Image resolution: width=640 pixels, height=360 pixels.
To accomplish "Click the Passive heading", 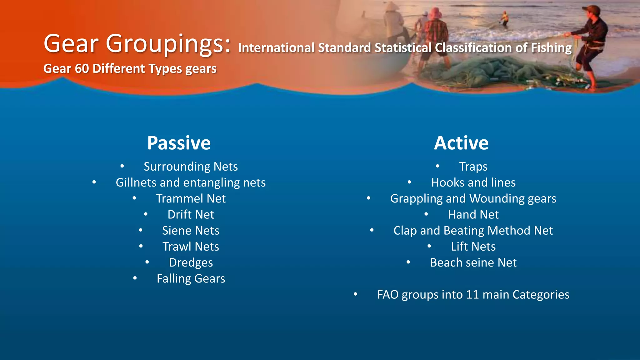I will tap(179, 143).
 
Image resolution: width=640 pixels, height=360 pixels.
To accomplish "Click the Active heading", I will tap(461, 143).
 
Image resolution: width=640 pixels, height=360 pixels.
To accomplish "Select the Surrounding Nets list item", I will tap(191, 167).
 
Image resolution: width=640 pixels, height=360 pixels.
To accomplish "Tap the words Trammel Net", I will tap(191, 199).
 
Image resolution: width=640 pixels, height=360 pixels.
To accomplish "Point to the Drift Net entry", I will tap(191, 215).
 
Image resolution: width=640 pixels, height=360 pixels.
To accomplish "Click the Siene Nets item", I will tap(191, 231).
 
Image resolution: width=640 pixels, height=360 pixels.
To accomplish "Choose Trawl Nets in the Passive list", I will tap(191, 247).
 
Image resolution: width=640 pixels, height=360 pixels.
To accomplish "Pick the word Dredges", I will tap(191, 262).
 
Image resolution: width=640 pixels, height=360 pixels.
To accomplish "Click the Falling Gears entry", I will tap(191, 278).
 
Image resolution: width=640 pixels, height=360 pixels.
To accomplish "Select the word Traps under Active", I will tap(473, 167).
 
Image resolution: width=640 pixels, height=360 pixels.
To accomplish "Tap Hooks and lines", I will tap(473, 182).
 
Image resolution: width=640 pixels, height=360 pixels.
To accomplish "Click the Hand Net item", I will tap(473, 215).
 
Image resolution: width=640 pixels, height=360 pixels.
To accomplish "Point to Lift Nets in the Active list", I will tap(473, 247).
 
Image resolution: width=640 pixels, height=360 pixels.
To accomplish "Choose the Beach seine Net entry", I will tap(473, 262).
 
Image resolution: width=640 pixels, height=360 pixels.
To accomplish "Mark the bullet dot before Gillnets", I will tap(94, 182).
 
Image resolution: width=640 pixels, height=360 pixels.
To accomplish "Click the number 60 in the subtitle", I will tap(82, 68).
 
